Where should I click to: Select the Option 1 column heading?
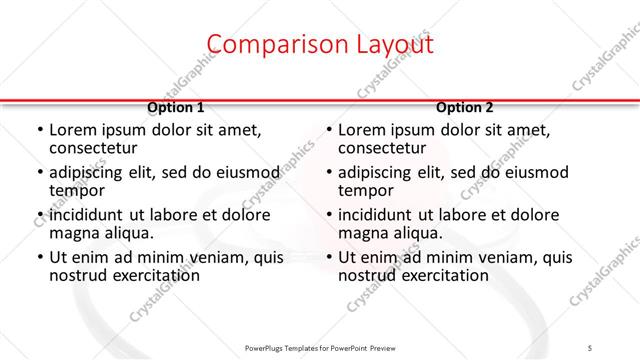pyautogui.click(x=176, y=107)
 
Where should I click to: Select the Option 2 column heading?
pyautogui.click(x=465, y=107)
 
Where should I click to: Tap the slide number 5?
pyautogui.click(x=591, y=346)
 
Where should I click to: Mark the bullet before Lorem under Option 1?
pyautogui.click(x=39, y=130)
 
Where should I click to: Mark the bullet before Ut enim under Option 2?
pyautogui.click(x=328, y=258)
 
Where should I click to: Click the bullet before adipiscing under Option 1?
pyautogui.click(x=39, y=172)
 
